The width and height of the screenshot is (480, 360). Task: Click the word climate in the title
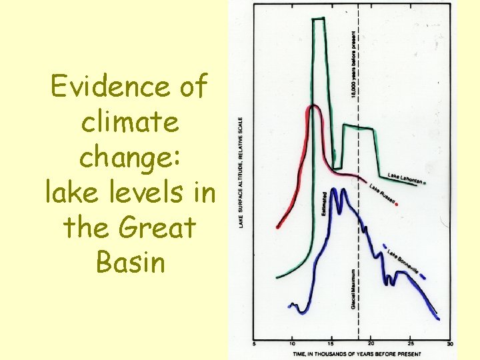pyautogui.click(x=129, y=123)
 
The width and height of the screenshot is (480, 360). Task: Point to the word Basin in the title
pyautogui.click(x=129, y=262)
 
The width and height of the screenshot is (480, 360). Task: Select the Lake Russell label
pyautogui.click(x=383, y=193)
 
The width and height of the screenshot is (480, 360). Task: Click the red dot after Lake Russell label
pyautogui.click(x=398, y=205)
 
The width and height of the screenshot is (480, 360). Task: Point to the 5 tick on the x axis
pyautogui.click(x=253, y=344)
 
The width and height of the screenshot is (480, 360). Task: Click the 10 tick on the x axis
pyautogui.click(x=292, y=344)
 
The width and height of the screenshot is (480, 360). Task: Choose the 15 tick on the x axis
pyautogui.click(x=331, y=344)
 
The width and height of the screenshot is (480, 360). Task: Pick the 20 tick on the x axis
pyautogui.click(x=371, y=344)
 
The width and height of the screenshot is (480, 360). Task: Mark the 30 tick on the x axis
pyautogui.click(x=450, y=344)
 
